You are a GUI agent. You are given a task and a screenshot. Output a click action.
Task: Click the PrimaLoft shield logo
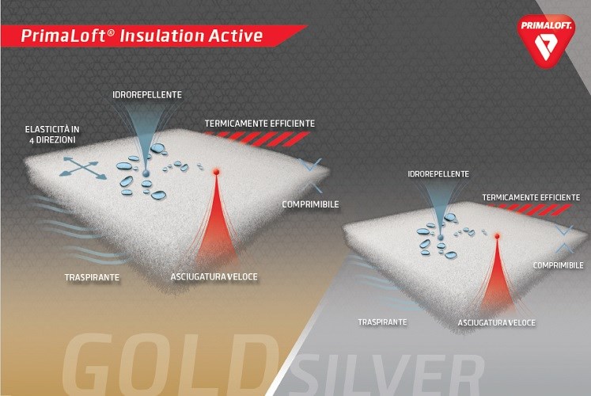546,40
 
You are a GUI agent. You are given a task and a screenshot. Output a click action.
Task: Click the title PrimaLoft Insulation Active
142,36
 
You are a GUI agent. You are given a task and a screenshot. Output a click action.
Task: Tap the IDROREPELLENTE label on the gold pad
147,95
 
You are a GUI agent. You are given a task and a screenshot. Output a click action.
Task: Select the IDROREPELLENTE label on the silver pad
438,174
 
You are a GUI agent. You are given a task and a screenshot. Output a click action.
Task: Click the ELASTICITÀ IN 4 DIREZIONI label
52,135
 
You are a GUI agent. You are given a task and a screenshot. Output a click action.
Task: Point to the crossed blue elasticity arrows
82,168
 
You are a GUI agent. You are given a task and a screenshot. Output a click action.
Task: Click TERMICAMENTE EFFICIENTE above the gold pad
260,124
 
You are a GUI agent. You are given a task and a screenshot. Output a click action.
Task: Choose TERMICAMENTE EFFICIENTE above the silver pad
531,197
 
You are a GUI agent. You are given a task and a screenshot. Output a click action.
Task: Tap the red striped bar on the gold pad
256,139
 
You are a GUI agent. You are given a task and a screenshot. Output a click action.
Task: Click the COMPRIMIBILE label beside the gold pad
311,204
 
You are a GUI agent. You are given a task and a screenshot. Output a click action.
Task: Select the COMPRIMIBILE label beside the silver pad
559,265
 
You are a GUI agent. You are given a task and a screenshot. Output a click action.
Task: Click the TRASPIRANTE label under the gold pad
92,277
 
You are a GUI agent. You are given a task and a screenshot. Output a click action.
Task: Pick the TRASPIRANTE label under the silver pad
383,322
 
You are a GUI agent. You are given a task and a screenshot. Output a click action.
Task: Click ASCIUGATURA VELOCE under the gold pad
214,277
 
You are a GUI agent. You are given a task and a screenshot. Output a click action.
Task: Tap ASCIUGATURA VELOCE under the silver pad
496,323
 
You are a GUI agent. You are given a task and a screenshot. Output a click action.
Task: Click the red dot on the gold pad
216,172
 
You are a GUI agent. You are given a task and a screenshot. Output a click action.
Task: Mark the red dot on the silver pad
497,237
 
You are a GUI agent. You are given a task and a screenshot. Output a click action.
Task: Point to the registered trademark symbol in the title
111,32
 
